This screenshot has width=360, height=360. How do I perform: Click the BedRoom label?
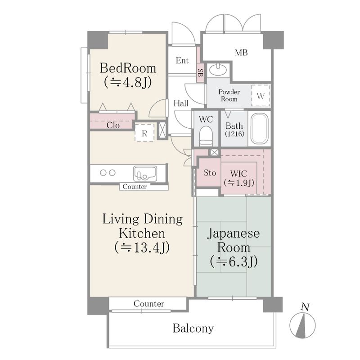click(x=128, y=68)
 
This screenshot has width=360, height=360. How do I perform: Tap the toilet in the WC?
click(x=206, y=136)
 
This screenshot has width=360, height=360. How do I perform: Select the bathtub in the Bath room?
click(x=259, y=129)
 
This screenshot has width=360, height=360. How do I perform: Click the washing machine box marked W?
click(x=261, y=95)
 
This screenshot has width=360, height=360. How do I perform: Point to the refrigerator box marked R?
click(x=144, y=133)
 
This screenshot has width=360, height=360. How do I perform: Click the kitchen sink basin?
click(x=145, y=174)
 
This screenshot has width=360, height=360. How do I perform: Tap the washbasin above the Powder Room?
click(x=218, y=68)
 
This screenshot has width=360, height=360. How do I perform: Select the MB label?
click(x=241, y=53)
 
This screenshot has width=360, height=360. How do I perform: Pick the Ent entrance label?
click(x=182, y=60)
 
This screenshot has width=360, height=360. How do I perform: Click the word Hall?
click(x=181, y=103)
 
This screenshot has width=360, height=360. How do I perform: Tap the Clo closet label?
click(x=113, y=125)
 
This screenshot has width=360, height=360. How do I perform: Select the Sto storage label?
click(x=210, y=173)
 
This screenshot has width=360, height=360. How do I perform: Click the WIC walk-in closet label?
click(x=239, y=173)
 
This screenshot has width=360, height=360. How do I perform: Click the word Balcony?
click(x=193, y=328)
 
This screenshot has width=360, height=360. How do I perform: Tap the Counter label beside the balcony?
click(x=149, y=304)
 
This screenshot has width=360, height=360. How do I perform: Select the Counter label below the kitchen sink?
click(x=135, y=186)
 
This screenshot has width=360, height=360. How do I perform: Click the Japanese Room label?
click(x=234, y=240)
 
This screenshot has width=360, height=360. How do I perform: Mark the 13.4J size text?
click(x=142, y=247)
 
